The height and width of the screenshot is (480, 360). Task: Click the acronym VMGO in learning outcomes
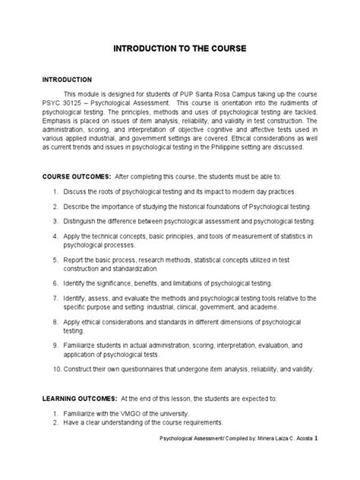pos(122,412)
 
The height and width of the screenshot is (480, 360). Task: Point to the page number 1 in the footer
pos(326,459)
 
